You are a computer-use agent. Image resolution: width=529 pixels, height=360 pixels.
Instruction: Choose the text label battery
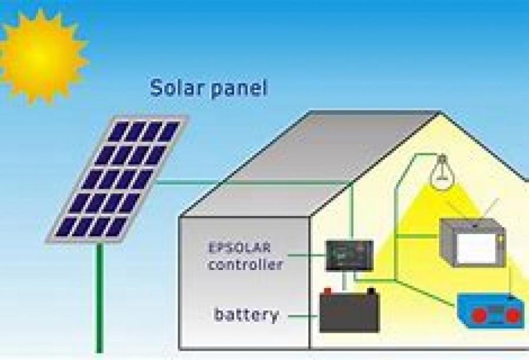click(246, 315)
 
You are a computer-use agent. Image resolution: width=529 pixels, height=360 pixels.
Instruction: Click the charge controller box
click(349, 254)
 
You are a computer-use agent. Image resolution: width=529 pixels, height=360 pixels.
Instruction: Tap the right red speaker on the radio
click(513, 316)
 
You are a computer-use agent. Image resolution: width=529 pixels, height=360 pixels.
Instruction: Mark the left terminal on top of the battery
click(327, 291)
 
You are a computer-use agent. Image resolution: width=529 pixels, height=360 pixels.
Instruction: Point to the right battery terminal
click(371, 291)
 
